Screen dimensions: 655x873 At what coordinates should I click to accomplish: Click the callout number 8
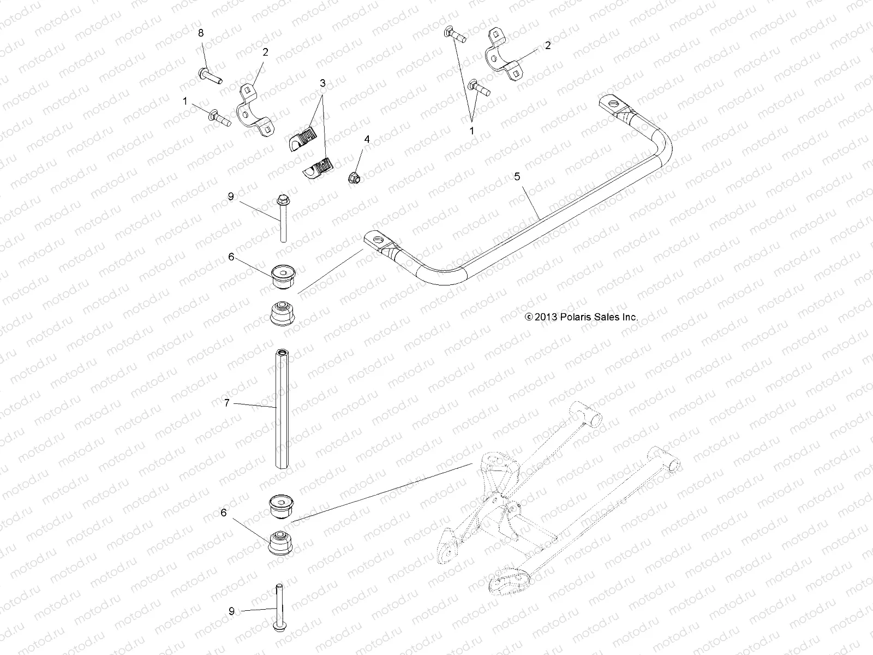[201, 33]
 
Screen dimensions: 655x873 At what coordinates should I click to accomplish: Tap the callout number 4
[367, 140]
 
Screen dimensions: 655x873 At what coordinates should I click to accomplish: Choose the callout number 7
[227, 403]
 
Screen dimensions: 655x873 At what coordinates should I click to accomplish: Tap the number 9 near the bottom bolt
[231, 611]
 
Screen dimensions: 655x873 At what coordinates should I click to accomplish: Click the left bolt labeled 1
[219, 115]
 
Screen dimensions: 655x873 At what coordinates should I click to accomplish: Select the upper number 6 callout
[231, 257]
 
